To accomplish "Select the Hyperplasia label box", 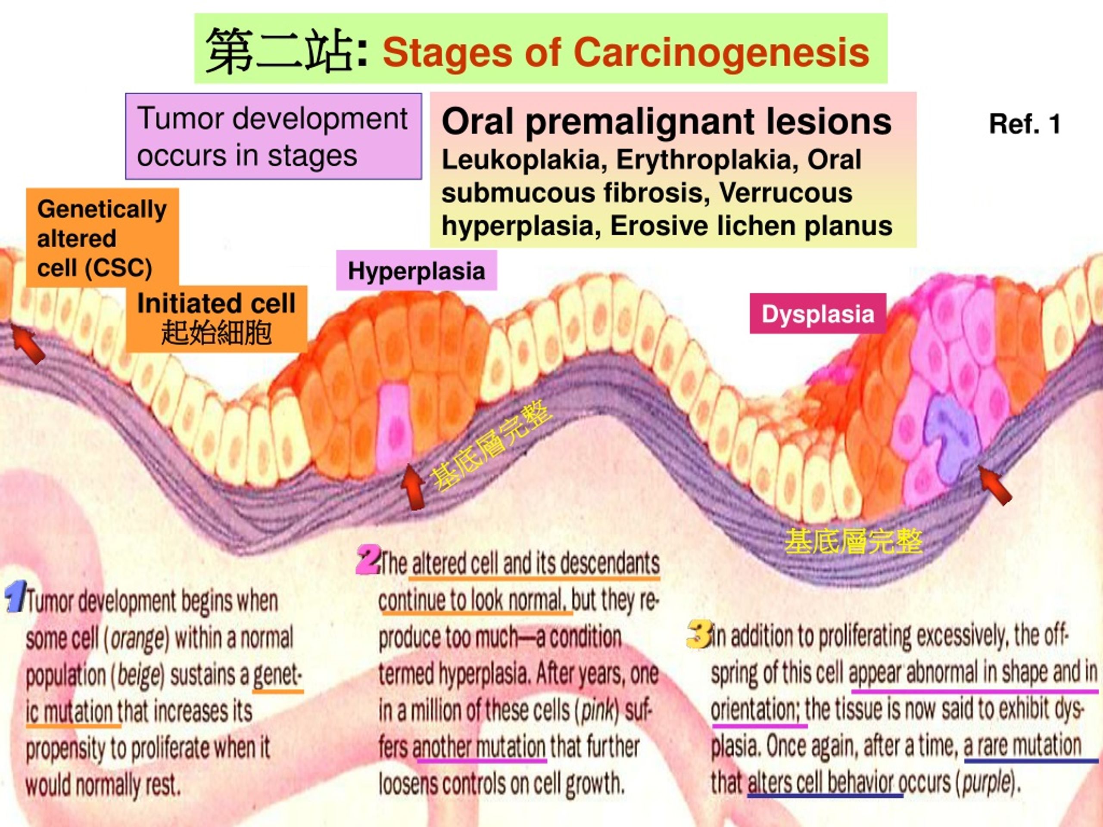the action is click(x=416, y=270).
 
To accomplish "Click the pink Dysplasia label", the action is click(x=818, y=314).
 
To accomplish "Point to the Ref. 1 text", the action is click(x=1025, y=124).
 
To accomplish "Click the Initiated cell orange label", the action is click(x=216, y=319).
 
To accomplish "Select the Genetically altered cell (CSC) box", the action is click(x=102, y=238).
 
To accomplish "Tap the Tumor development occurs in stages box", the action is click(x=273, y=136).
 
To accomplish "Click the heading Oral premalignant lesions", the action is click(x=666, y=121).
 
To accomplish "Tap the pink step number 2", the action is click(x=369, y=560).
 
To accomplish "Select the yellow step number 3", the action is click(x=699, y=634).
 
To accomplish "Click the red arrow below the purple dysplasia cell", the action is click(x=995, y=485).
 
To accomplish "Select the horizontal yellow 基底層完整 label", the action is click(x=853, y=542).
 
